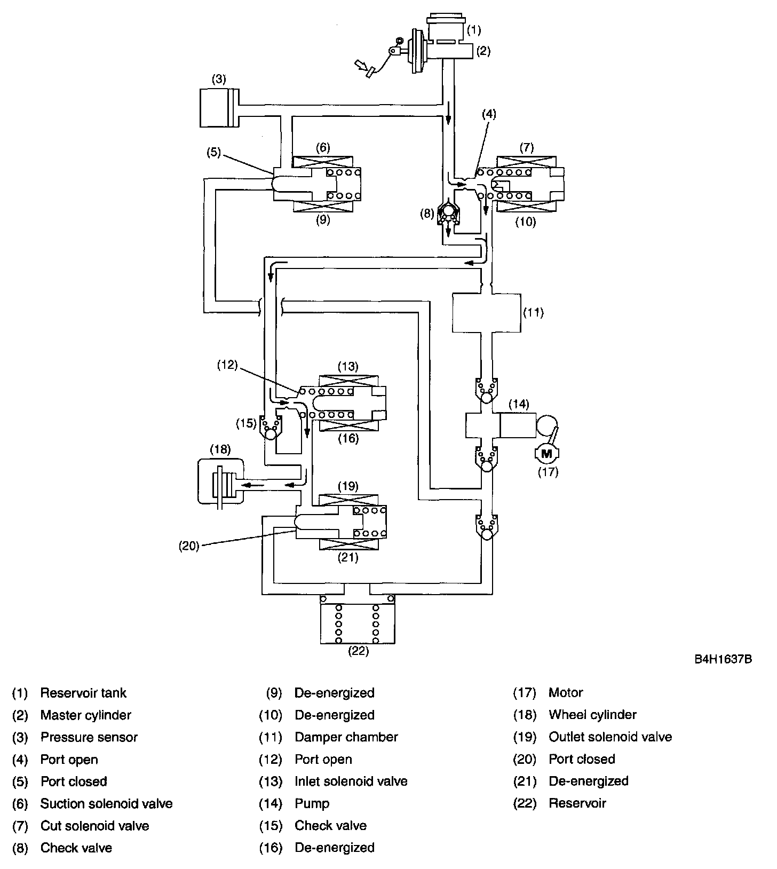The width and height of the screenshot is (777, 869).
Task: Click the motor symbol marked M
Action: pyautogui.click(x=546, y=454)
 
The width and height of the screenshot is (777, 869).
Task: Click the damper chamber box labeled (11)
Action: pyautogui.click(x=486, y=312)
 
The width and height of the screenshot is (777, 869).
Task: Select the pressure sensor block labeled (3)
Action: pyautogui.click(x=219, y=108)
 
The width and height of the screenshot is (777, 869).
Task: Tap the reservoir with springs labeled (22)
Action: pyautogui.click(x=358, y=619)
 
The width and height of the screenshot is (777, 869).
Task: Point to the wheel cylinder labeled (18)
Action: pyautogui.click(x=220, y=480)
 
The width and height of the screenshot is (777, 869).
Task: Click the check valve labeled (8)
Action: pyautogui.click(x=448, y=214)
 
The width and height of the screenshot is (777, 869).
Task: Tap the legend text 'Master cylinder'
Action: pyautogui.click(x=85, y=715)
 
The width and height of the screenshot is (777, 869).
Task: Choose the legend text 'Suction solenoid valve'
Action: pyautogui.click(x=106, y=803)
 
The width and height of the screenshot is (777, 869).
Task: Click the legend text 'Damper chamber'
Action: pyautogui.click(x=346, y=737)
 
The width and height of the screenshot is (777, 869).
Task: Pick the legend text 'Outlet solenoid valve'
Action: pyautogui.click(x=610, y=737)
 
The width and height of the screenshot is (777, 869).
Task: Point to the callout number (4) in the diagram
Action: pyautogui.click(x=489, y=114)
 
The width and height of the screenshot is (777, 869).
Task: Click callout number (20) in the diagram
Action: pyautogui.click(x=189, y=546)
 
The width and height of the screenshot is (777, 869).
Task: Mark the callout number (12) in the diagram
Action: pyautogui.click(x=227, y=366)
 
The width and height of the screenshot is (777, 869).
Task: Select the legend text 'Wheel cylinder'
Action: pyautogui.click(x=592, y=715)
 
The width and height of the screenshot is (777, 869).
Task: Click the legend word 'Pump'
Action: pyautogui.click(x=312, y=803)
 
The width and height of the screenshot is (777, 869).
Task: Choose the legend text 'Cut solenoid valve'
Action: pyautogui.click(x=94, y=826)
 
